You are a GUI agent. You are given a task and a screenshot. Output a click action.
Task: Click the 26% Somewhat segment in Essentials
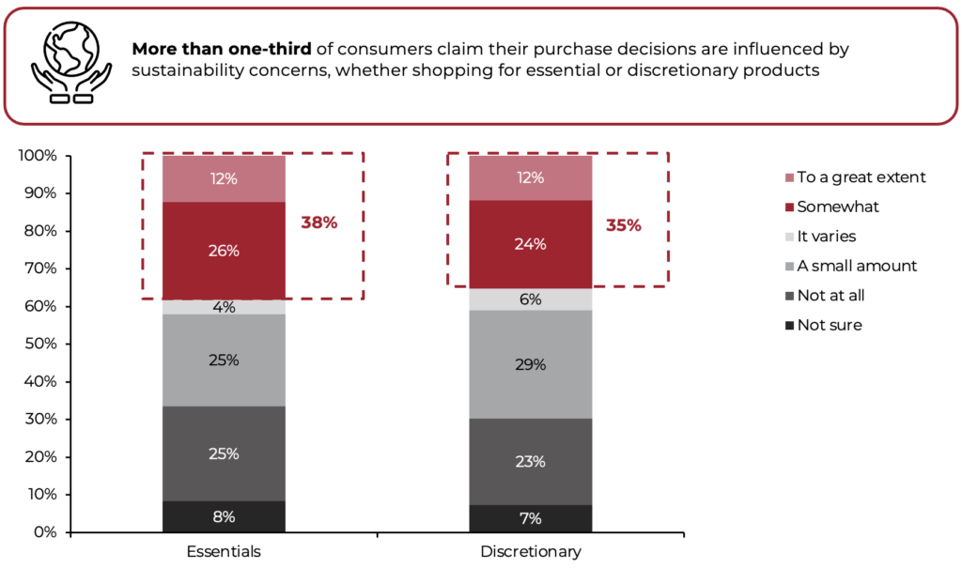(224, 251)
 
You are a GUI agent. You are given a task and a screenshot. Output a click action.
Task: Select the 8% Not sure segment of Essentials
(224, 516)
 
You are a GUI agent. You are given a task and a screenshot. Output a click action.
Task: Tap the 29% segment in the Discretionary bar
(530, 364)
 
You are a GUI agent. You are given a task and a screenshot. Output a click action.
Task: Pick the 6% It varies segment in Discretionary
(530, 299)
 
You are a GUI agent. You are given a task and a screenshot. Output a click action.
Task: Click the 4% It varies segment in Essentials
(224, 307)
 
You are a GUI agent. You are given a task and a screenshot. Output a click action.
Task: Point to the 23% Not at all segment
(530, 461)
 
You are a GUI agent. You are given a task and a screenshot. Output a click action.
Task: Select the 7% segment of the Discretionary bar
(530, 518)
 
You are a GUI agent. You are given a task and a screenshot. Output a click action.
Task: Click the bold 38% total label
(318, 223)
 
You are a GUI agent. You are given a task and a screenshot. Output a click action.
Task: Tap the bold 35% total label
(623, 225)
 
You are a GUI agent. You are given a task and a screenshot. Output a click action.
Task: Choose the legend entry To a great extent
(860, 177)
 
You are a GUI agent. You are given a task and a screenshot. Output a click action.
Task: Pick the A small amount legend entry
(856, 266)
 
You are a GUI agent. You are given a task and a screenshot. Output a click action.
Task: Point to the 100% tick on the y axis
(39, 156)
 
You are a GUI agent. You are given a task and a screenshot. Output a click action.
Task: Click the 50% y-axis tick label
(41, 344)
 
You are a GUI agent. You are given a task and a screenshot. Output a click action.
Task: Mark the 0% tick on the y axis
(45, 532)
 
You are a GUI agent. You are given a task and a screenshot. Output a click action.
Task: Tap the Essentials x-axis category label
(224, 551)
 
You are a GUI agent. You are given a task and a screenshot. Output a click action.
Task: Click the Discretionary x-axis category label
(530, 551)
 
